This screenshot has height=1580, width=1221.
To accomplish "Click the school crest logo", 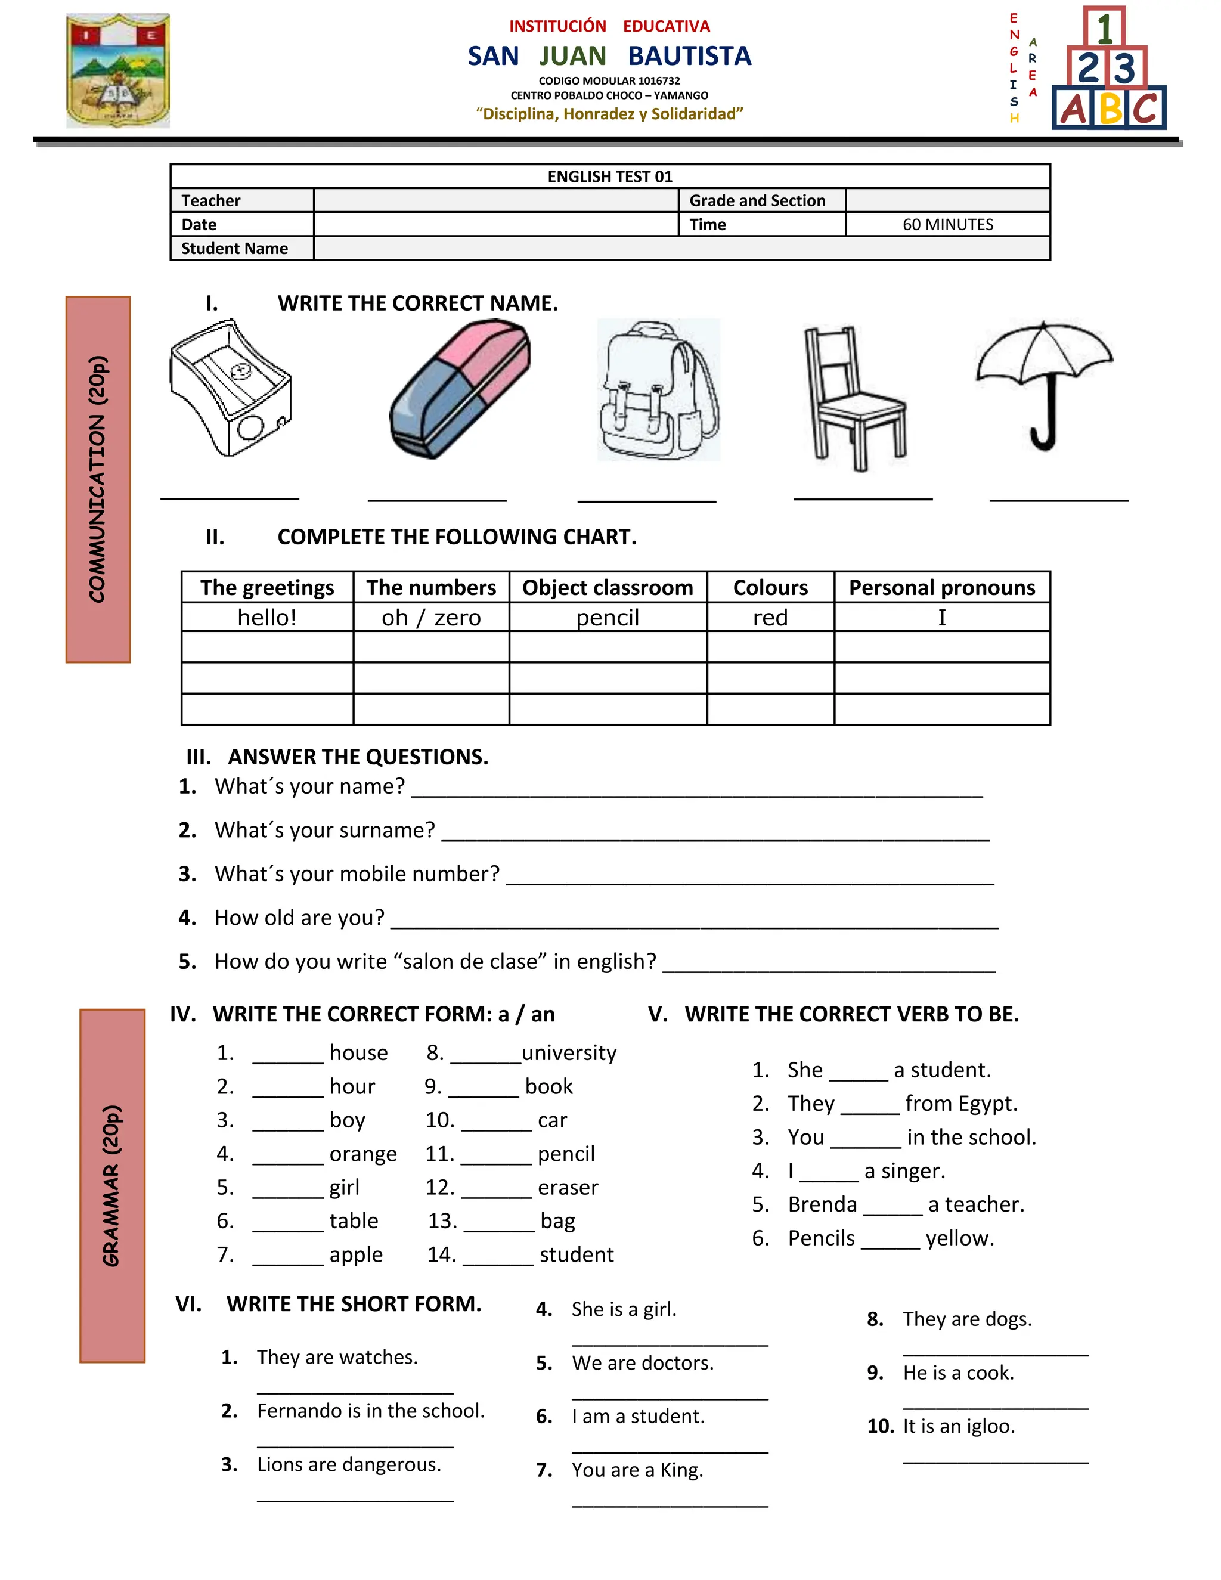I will pos(118,71).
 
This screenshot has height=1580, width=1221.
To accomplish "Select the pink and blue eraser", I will pos(460,389).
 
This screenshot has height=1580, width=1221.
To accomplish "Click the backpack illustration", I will pos(658,391).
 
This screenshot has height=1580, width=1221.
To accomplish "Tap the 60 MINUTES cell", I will pos(947,224).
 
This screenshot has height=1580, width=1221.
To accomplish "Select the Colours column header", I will pos(770,587).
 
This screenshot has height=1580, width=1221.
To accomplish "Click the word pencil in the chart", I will pos(608,618).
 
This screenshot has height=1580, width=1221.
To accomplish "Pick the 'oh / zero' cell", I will pos(431,618).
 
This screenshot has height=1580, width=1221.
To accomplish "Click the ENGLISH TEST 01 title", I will pos(610,176).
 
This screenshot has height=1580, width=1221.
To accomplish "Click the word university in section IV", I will pos(569,1052).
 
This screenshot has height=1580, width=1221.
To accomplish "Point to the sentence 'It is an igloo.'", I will pos(959,1426).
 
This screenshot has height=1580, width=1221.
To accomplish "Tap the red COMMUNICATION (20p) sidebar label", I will pos(98,479).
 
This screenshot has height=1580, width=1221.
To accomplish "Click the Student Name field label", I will pos(234,248).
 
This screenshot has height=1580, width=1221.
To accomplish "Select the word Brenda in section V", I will pos(822,1204).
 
